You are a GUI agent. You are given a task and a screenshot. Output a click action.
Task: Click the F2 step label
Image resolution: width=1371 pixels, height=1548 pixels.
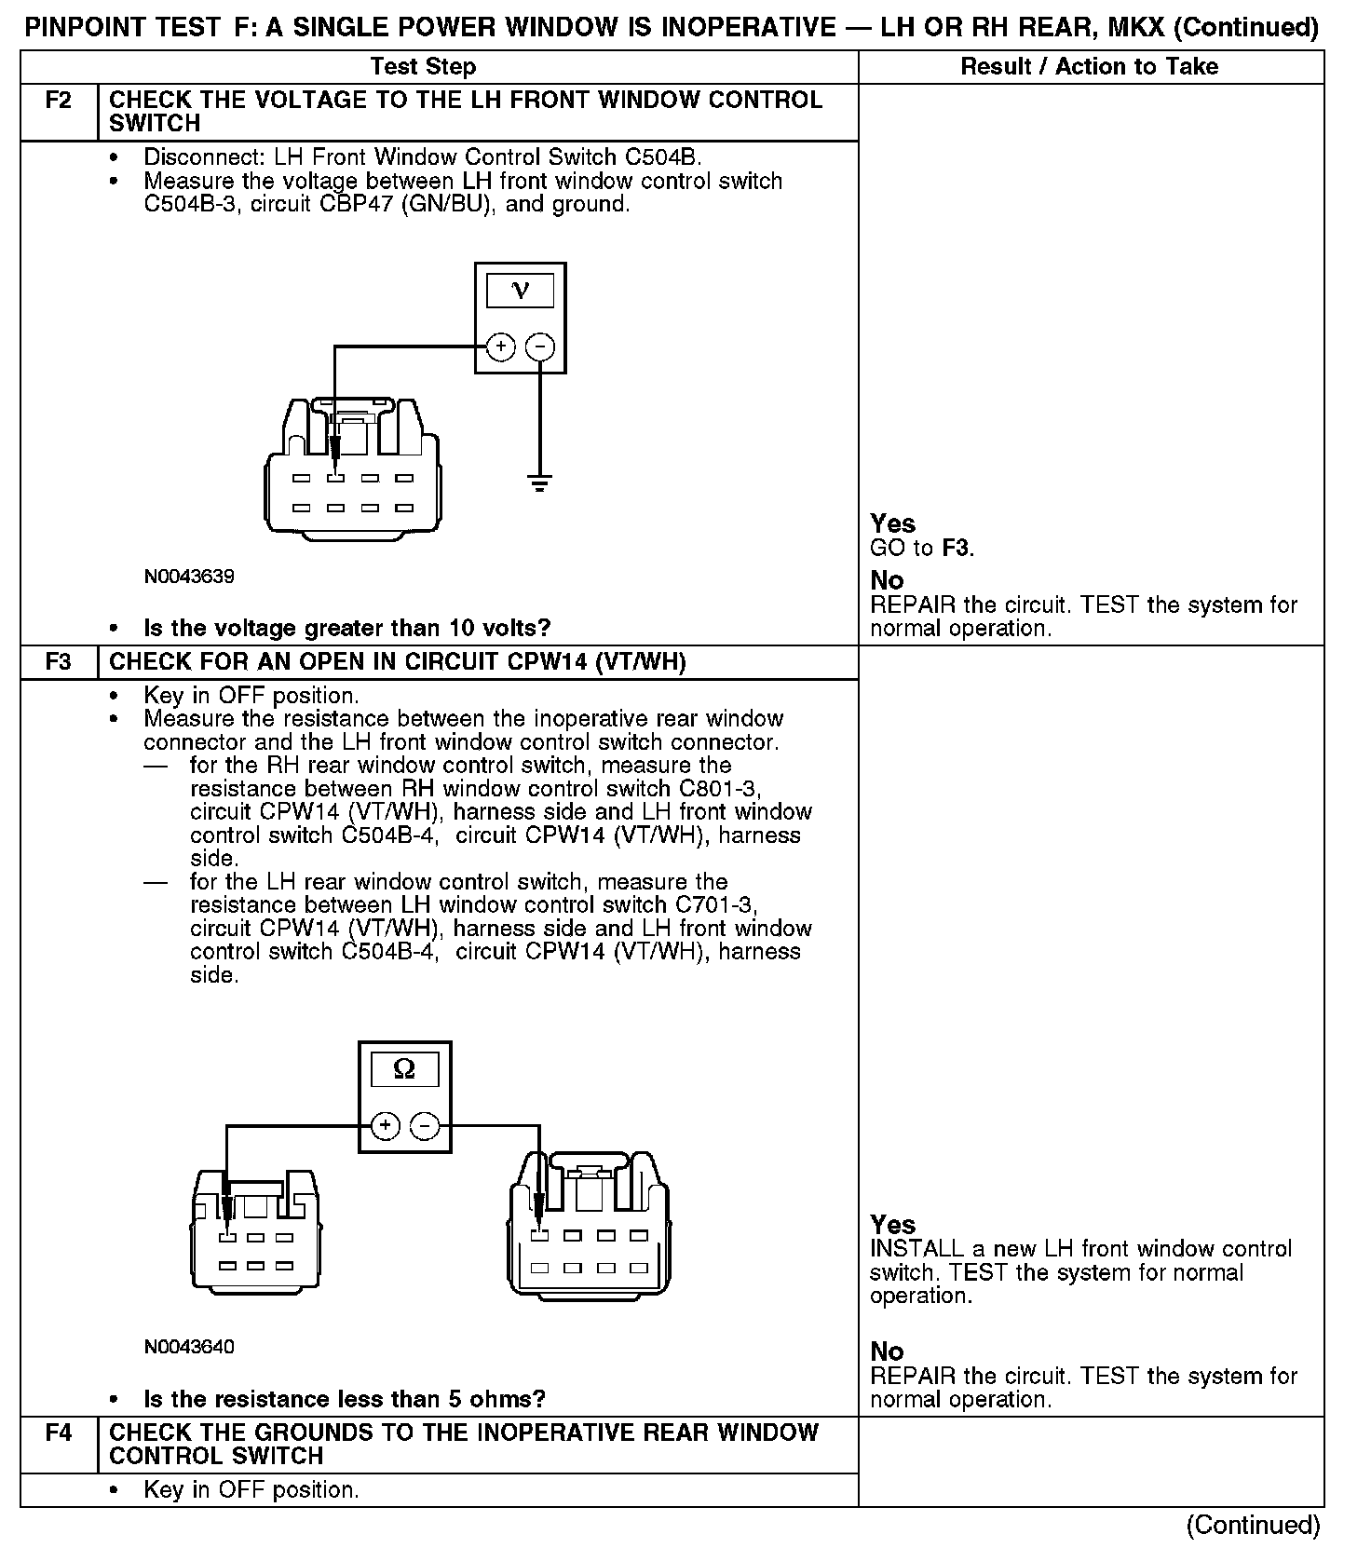58,101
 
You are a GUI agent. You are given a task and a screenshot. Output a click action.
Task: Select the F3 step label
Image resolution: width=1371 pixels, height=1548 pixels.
58,662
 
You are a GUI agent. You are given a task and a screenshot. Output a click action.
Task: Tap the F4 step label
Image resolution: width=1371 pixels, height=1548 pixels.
58,1433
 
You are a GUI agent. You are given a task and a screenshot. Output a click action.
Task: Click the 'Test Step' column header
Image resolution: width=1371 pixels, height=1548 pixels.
423,67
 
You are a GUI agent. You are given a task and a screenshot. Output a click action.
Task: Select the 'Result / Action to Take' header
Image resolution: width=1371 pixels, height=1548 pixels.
1089,67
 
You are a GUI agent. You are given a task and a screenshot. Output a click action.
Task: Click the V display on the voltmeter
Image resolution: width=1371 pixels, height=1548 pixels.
520,291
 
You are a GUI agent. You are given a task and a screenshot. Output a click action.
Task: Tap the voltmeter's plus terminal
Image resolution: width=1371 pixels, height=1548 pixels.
501,347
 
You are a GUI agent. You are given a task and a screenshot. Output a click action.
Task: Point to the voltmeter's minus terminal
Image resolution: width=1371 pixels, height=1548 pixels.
540,347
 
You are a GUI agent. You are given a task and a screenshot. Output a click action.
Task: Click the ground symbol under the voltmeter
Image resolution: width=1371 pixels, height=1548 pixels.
539,482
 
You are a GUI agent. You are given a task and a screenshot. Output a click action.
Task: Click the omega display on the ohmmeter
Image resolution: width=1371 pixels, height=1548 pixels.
404,1068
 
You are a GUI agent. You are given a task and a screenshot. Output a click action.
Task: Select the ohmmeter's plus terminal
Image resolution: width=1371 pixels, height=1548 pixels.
385,1126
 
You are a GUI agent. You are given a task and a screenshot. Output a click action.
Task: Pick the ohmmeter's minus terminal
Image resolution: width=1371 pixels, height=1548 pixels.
425,1126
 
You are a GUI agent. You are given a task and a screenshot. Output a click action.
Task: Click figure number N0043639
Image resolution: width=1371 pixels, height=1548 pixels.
189,577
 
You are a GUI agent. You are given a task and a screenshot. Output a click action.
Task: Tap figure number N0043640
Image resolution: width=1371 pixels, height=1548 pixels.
189,1347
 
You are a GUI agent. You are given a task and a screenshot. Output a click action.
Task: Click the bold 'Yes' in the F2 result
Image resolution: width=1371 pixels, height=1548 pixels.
892,523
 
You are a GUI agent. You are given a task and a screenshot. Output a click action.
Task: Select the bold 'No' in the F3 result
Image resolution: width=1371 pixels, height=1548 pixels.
887,1351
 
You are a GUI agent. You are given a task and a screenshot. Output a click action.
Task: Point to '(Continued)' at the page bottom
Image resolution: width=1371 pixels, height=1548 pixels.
1253,1526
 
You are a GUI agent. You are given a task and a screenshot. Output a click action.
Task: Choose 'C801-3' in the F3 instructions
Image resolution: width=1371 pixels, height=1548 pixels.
720,789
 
